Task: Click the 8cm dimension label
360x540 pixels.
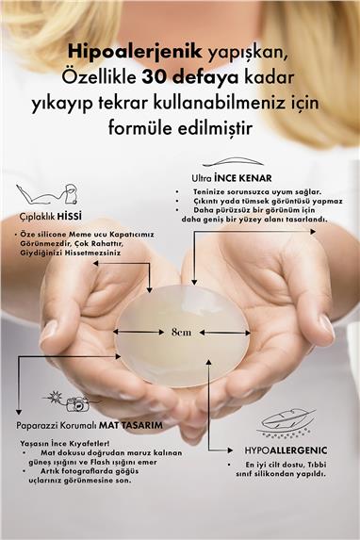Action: pos(181,332)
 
